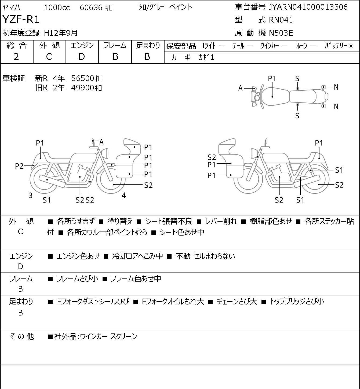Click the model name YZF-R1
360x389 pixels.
click(x=21, y=19)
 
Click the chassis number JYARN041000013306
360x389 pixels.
click(x=308, y=7)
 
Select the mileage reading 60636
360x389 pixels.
click(x=91, y=8)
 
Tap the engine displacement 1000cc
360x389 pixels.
click(x=57, y=8)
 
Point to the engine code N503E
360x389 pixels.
click(x=281, y=33)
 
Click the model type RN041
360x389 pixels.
click(x=281, y=20)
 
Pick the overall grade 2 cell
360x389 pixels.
click(x=16, y=57)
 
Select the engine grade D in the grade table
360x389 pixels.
click(x=82, y=57)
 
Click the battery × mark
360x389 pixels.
click(x=351, y=46)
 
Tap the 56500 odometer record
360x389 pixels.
click(x=82, y=78)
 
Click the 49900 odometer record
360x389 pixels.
click(x=82, y=88)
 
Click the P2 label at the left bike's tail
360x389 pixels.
click(x=19, y=166)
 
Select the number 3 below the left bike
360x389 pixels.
click(x=30, y=195)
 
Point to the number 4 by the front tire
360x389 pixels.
click(x=124, y=195)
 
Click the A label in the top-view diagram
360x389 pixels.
click(x=240, y=88)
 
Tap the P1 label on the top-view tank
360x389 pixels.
click(x=272, y=79)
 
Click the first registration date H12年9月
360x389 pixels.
click(x=61, y=33)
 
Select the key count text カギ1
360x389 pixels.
click(x=206, y=57)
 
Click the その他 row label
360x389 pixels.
click(x=22, y=336)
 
